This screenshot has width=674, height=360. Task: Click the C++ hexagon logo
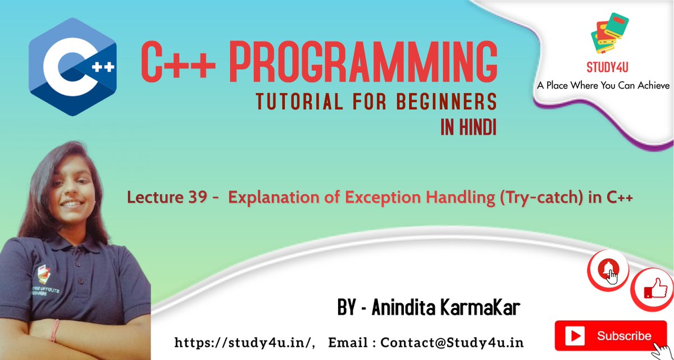pyautogui.click(x=72, y=67)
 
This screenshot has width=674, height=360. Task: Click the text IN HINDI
pyautogui.click(x=468, y=129)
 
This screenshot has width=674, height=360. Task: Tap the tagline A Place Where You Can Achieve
pyautogui.click(x=603, y=85)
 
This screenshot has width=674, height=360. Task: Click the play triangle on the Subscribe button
pyautogui.click(x=576, y=336)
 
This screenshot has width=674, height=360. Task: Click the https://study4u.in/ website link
pyautogui.click(x=245, y=342)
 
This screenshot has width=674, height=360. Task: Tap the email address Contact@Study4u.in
pyautogui.click(x=452, y=342)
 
